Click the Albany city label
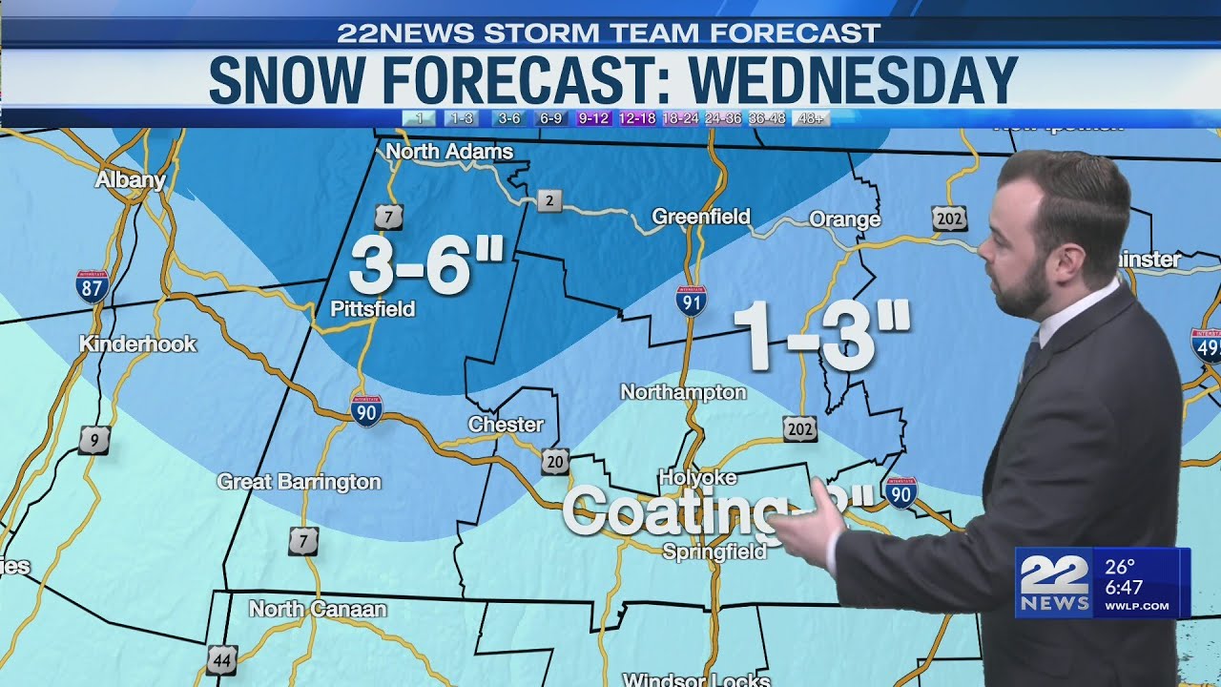(x=131, y=179)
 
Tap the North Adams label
(x=449, y=152)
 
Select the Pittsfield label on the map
(x=372, y=308)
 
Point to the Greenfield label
(x=701, y=217)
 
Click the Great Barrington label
(x=299, y=482)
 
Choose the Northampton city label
(x=683, y=392)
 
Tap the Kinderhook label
(x=137, y=343)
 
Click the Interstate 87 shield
(x=93, y=285)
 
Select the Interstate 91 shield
(x=691, y=301)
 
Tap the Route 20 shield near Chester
(x=555, y=461)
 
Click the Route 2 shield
(x=548, y=200)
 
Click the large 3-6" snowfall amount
(x=425, y=265)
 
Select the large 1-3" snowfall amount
(x=821, y=337)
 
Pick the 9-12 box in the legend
(x=593, y=118)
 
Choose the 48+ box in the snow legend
(x=812, y=118)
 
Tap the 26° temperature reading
(x=1120, y=567)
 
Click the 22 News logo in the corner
(x=1055, y=583)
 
